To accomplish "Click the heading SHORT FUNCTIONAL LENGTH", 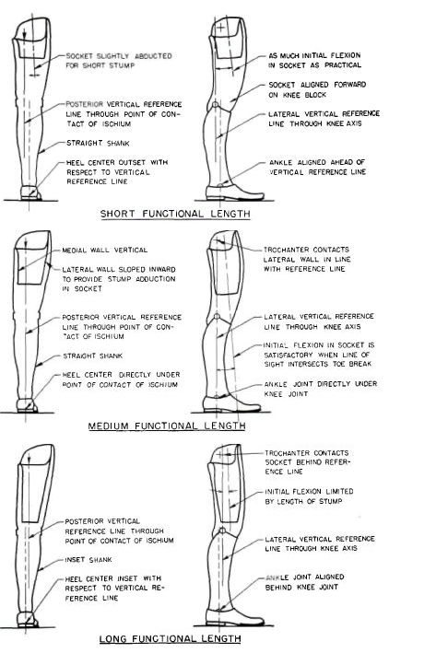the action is pos(175,214).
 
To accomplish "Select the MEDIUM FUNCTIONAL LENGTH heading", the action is pos(167,426).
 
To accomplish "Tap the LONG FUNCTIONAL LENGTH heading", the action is pos(170,638).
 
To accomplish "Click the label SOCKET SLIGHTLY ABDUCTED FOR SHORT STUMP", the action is pos(119,61).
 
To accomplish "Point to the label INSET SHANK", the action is pos(88,560).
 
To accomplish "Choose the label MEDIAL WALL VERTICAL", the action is pos(104,251).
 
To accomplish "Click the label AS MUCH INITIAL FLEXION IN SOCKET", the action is pos(314,61).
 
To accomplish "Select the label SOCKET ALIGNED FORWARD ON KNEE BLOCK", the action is pos(317,89).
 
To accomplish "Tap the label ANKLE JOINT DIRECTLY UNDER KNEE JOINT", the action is pos(321,389).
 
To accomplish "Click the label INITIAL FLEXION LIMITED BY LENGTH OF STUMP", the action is pos(309,496).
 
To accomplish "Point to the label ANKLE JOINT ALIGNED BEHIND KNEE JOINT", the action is pos(304,582).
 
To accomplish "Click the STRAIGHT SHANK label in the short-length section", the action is pos(98,143).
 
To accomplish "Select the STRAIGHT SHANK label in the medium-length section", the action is pos(93,356).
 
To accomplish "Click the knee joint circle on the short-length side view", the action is pos(215,104).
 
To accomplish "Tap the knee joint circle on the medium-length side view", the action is pos(217,317).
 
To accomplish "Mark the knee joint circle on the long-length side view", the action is pos(222,531).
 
